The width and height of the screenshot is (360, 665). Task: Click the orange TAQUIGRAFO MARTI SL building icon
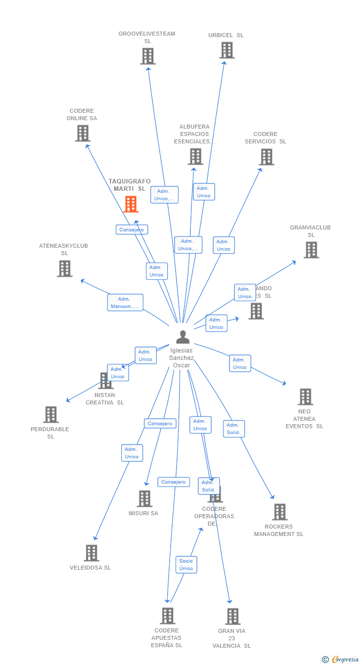131,204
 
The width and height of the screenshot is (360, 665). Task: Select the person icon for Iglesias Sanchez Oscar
183,337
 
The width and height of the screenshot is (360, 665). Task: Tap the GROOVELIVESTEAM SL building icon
148,56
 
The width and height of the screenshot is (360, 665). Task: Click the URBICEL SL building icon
227,50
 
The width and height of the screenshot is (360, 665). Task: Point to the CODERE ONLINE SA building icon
83,133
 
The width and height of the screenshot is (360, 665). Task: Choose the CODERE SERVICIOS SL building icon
267,157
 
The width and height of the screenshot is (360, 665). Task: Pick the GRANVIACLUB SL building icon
311,250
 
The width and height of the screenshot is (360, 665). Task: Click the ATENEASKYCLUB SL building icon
65,268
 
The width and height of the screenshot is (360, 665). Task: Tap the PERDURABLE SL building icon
51,414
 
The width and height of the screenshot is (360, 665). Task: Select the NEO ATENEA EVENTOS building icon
305,397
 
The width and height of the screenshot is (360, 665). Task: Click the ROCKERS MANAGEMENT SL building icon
280,512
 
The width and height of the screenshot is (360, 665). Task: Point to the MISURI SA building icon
144,498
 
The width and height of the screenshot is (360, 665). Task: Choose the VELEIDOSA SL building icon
91,553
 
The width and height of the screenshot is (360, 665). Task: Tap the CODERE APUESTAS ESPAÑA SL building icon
168,616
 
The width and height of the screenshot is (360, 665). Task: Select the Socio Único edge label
186,565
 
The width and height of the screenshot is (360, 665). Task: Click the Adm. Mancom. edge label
125,303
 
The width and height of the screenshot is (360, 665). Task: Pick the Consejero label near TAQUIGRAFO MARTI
132,229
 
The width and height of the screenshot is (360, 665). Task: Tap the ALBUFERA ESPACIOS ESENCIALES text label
194,134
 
